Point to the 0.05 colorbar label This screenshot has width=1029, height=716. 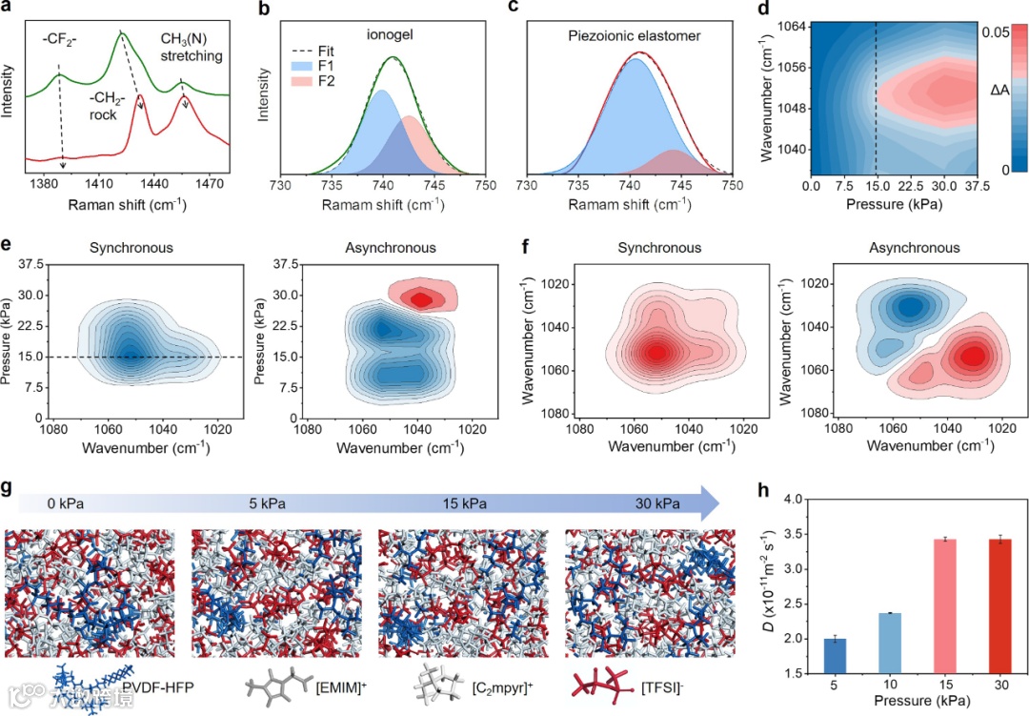coord(995,31)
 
